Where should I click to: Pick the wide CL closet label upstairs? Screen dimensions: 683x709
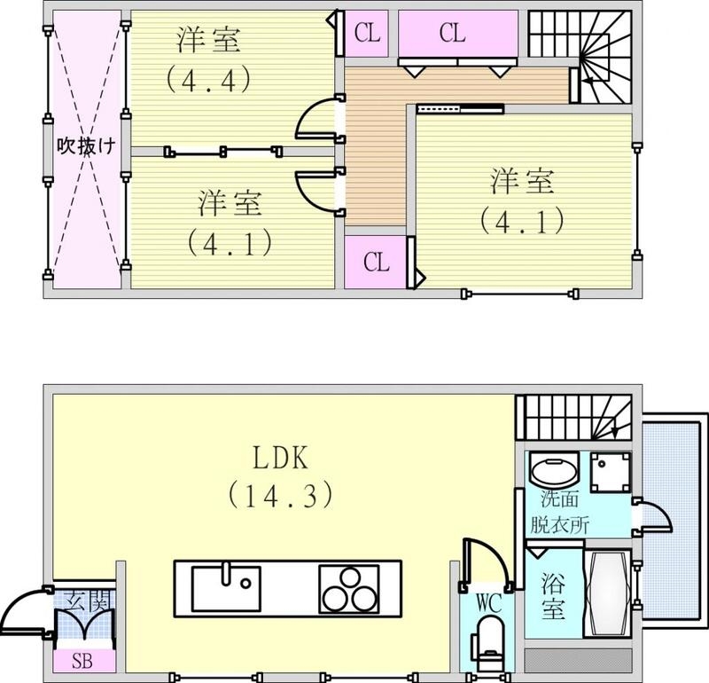pyautogui.click(x=453, y=34)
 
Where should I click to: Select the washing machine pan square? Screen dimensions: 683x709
pyautogui.click(x=611, y=472)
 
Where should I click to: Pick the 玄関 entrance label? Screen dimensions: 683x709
pyautogui.click(x=86, y=599)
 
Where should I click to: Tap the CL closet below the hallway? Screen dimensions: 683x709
pyautogui.click(x=376, y=263)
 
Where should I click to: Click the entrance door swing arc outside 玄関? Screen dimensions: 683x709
pyautogui.click(x=24, y=612)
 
